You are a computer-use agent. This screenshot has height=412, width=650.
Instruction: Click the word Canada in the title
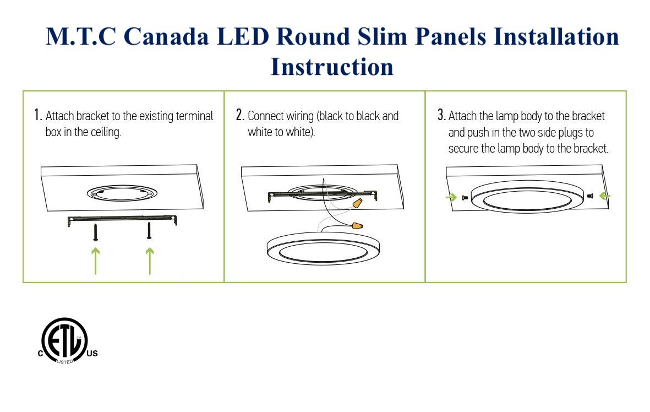(166, 36)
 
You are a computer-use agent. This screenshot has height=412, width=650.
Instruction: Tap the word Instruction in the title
(332, 67)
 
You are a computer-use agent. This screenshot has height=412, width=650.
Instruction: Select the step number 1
(38, 115)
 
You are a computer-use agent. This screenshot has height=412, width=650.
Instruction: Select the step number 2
(240, 115)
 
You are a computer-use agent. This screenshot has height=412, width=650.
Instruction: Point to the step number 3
(441, 115)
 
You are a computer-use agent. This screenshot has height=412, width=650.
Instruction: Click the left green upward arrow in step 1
(96, 261)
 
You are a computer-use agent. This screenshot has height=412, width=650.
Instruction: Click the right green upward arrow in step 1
(150, 261)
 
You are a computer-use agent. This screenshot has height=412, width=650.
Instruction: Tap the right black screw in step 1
(149, 231)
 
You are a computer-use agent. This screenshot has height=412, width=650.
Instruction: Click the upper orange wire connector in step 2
(357, 203)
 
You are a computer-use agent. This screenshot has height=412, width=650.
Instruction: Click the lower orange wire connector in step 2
(357, 226)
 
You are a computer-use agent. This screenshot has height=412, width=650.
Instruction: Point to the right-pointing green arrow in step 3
(451, 197)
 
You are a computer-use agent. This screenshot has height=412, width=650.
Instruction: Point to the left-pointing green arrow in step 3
(605, 196)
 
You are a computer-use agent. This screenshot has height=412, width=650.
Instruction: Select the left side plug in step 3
(465, 198)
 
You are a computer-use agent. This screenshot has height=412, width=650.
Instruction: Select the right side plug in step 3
(591, 196)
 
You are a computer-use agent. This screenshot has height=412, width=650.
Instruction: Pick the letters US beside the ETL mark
(92, 354)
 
